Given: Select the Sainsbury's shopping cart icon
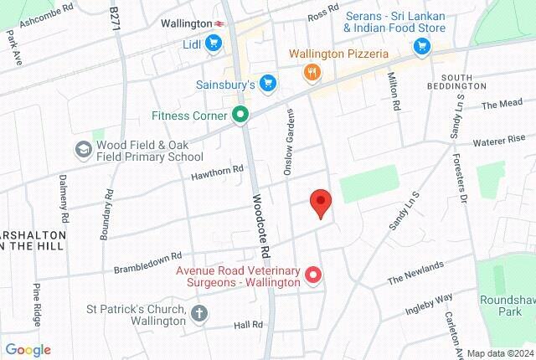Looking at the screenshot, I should tap(267, 82).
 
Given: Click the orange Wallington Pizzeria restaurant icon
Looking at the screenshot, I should tap(311, 72).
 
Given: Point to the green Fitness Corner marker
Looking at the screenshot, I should tap(241, 116).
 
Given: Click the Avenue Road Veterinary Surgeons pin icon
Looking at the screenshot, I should tap(313, 274).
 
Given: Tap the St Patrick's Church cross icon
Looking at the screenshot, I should tap(198, 314).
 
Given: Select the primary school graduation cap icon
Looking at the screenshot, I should tap(83, 150).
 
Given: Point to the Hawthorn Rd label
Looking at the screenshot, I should tap(217, 169).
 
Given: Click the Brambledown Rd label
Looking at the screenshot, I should tap(147, 261).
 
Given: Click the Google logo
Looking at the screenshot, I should tap(28, 350).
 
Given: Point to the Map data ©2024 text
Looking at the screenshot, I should tap(499, 352).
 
